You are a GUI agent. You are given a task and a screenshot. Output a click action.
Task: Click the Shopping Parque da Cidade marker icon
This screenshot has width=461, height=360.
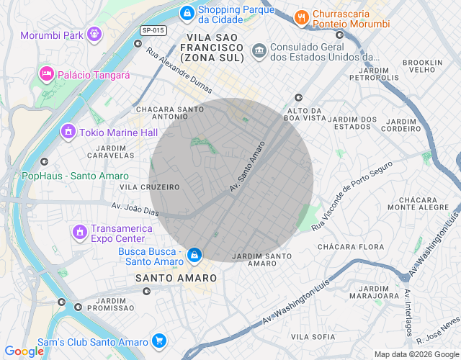pos(187,12)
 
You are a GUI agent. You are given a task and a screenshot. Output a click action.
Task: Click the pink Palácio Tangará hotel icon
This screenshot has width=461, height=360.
pos(46,73)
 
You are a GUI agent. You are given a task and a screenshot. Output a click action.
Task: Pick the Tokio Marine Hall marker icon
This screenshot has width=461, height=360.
pos(68,131)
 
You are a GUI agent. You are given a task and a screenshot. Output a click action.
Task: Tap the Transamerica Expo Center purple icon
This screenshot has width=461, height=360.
pos(79,233)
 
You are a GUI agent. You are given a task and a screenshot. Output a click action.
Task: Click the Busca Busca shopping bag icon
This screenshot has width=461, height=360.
pos(194,255)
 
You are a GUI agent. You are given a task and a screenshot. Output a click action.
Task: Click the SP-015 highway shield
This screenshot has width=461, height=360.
pos(153,30)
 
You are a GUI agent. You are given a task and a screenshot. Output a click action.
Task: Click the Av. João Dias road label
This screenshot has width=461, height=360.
pos(135,209)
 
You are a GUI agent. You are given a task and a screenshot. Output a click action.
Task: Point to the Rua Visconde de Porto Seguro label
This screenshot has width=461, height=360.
pos(352,196)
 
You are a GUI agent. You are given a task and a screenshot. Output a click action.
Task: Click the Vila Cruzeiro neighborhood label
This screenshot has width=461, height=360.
pos(150,187)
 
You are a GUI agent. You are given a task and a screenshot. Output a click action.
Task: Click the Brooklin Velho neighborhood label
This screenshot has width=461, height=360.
pos(423,67)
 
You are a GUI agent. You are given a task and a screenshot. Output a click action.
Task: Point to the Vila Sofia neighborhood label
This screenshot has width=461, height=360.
pos(313,336)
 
